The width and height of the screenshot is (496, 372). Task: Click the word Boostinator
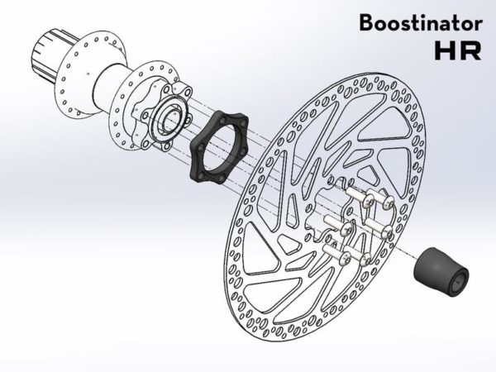click(418, 23)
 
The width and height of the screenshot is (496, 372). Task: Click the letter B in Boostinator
click(365, 23)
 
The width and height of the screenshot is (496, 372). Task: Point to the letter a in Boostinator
click(441, 25)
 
